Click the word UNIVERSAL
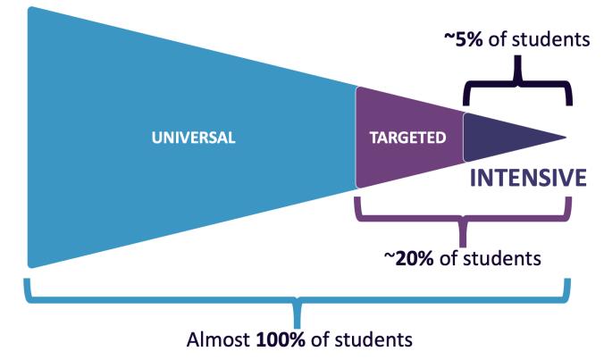tap(193, 138)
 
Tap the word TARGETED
tap(407, 138)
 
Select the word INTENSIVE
tap(528, 178)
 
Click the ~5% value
tap(466, 39)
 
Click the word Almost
tap(220, 339)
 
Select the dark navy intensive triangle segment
tap(500, 138)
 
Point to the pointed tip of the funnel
tap(565, 138)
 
